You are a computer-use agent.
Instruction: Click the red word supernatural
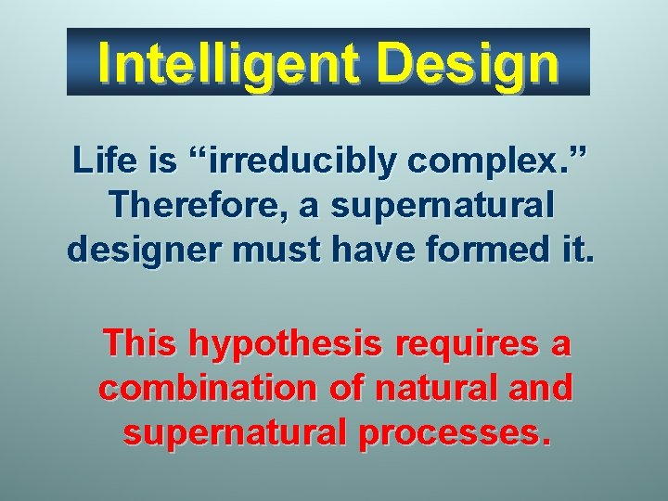pos(233,431)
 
